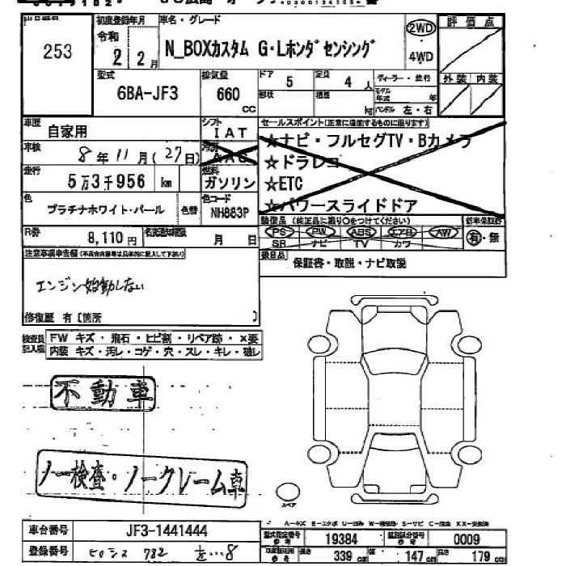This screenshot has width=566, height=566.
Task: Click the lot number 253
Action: (x=56, y=52)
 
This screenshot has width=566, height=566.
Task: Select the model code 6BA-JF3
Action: (x=147, y=92)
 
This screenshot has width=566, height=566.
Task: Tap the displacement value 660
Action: (x=229, y=94)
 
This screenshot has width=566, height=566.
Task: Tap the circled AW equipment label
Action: (x=442, y=232)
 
